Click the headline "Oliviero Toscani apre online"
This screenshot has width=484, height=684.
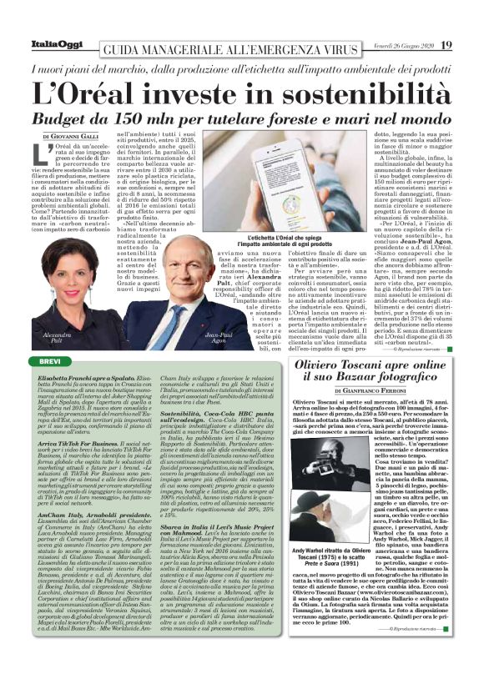[x=386, y=366]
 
